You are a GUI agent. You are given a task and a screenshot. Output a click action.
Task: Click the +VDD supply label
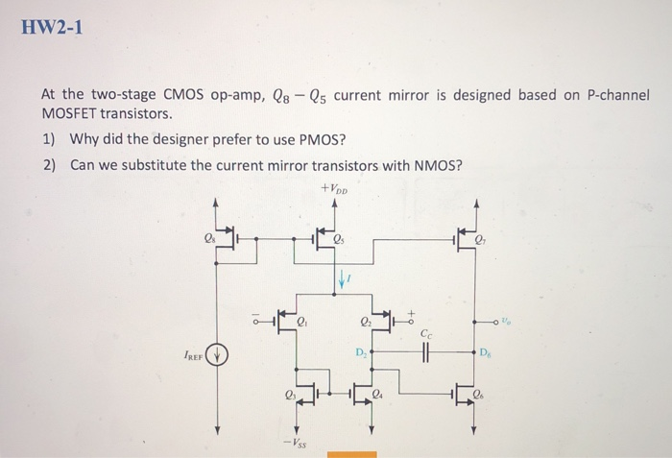[x=340, y=189]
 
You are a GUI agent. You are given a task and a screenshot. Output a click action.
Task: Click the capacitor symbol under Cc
[x=426, y=352]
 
